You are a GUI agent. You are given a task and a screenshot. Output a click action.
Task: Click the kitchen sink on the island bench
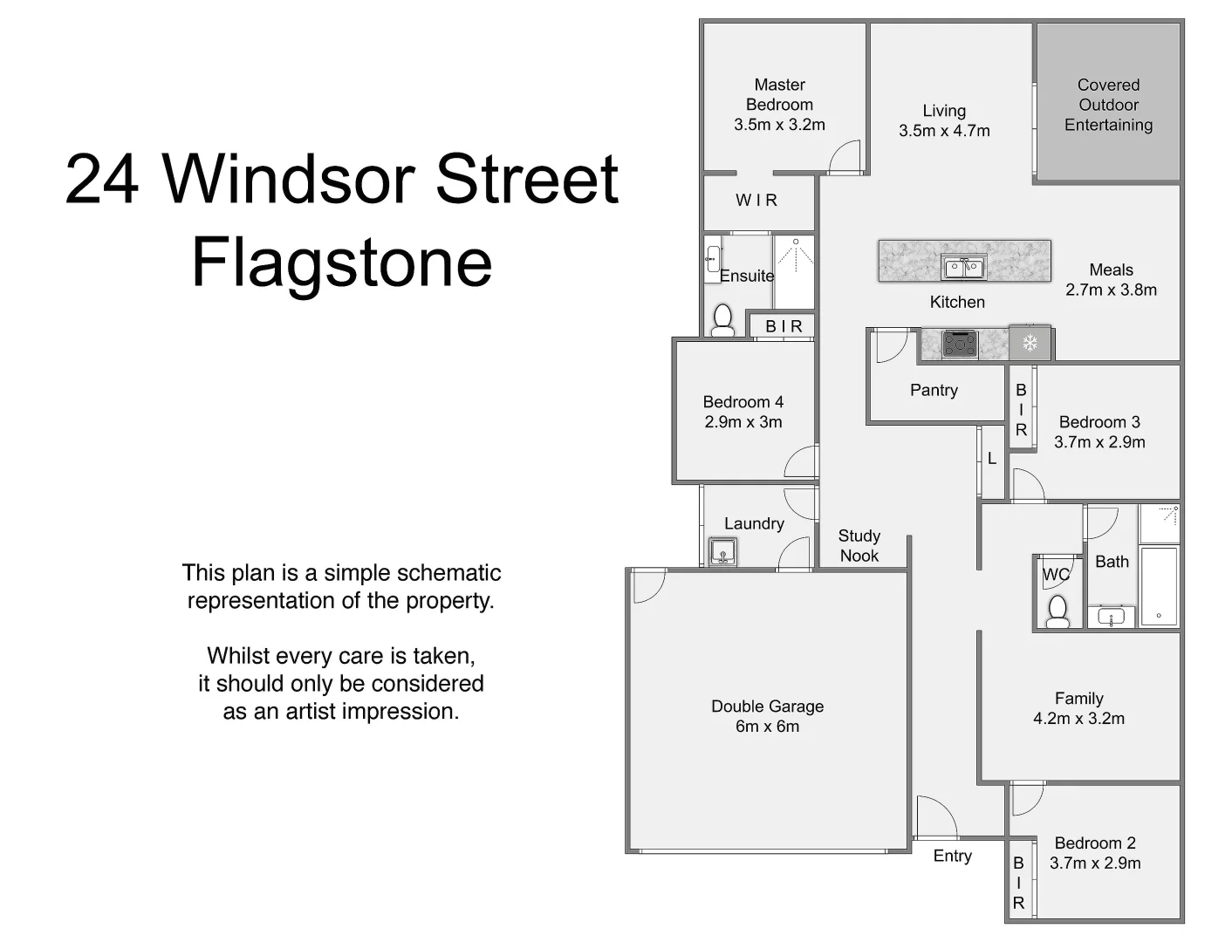click(963, 268)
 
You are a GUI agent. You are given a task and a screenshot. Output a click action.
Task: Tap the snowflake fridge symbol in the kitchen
click(1030, 344)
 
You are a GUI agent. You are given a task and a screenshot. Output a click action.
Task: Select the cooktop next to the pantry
click(960, 344)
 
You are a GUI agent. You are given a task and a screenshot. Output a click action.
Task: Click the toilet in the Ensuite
click(722, 320)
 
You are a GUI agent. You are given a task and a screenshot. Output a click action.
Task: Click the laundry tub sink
click(722, 553)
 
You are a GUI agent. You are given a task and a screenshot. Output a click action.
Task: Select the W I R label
click(756, 201)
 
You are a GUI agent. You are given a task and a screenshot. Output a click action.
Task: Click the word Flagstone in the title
click(342, 262)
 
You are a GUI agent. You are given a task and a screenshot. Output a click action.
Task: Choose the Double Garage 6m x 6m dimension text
click(767, 727)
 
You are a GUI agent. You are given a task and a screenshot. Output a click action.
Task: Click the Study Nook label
click(859, 546)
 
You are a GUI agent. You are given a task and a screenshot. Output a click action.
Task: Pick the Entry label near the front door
click(952, 856)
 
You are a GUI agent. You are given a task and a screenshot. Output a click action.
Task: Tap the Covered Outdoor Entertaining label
click(1108, 105)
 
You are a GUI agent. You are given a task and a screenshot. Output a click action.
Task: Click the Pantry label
click(934, 390)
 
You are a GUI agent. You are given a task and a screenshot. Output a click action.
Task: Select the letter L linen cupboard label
click(992, 458)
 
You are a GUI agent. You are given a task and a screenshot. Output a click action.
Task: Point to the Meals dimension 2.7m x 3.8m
click(1111, 290)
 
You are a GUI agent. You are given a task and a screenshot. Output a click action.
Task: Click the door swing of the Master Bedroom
click(845, 157)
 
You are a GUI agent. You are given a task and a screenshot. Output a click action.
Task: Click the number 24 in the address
click(101, 179)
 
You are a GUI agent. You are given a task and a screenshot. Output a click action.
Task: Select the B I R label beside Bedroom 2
click(1018, 883)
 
